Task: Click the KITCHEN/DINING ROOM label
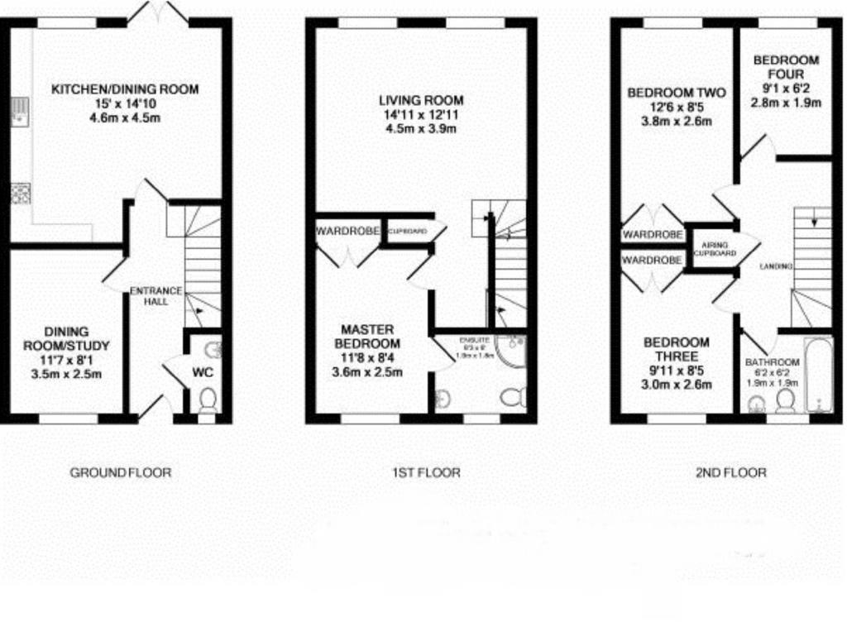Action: coord(125,89)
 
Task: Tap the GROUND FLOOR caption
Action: coord(121,473)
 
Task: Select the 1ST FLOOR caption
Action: coord(426,473)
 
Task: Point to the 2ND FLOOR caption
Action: coord(730,473)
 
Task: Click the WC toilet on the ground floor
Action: coord(208,400)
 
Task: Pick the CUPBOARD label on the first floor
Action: coord(408,231)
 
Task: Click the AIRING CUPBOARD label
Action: coord(715,248)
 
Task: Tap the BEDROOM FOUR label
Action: coord(786,67)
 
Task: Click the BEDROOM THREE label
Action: coord(677,350)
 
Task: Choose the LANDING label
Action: coord(777,267)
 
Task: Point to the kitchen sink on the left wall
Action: coord(16,112)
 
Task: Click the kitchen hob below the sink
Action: coord(19,194)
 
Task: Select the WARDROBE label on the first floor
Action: coord(347,231)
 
